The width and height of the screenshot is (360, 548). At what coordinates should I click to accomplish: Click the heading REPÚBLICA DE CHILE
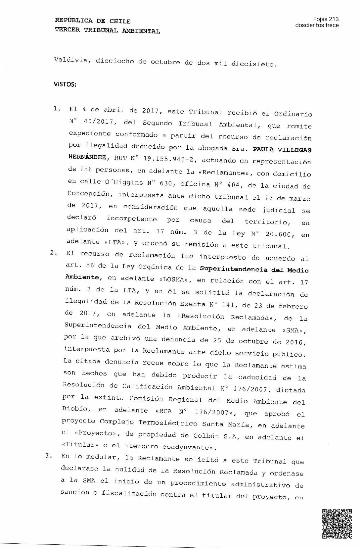[x=93, y=21]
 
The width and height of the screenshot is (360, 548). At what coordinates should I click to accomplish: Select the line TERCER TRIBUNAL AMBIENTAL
[x=107, y=31]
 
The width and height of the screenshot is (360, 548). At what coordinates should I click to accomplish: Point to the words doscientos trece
[x=317, y=25]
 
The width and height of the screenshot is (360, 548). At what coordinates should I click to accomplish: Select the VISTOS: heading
[x=65, y=84]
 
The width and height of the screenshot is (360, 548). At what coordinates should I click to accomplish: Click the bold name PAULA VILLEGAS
[x=282, y=150]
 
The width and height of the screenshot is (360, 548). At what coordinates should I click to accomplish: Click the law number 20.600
[x=280, y=234]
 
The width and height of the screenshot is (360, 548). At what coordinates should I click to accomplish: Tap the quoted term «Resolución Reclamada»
[x=227, y=317]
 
